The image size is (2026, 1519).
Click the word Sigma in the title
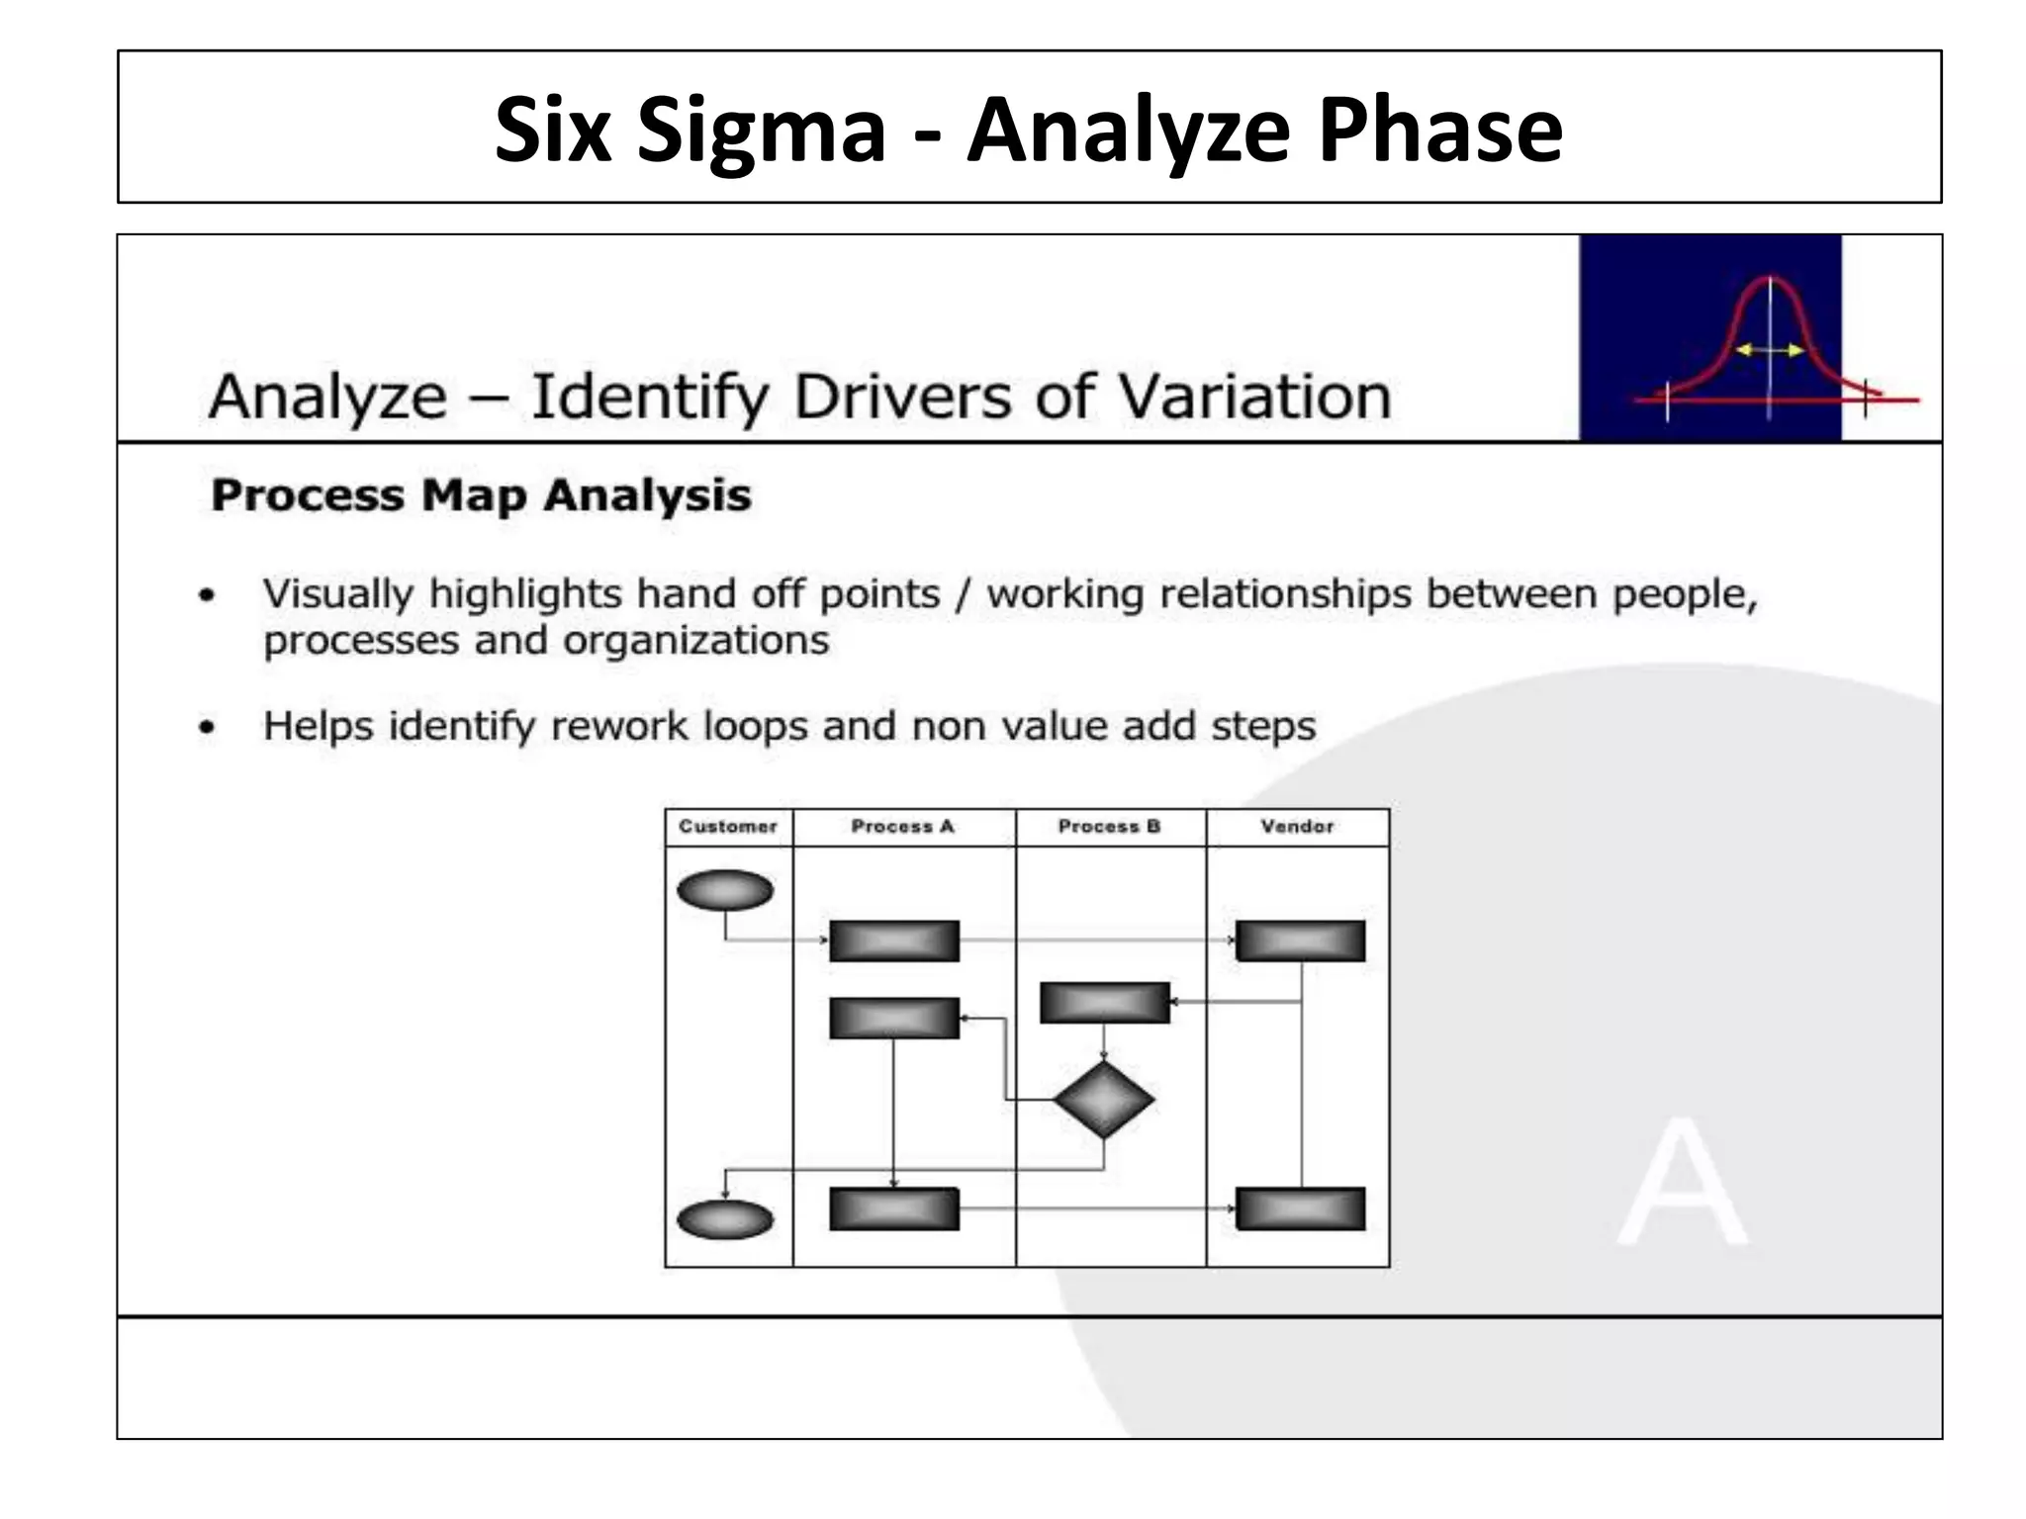pyautogui.click(x=761, y=131)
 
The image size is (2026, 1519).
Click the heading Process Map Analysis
pyautogui.click(x=481, y=494)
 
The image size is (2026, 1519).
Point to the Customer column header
pyautogui.click(x=728, y=827)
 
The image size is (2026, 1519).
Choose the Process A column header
pyautogui.click(x=902, y=827)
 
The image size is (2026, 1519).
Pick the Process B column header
pyautogui.click(x=1109, y=827)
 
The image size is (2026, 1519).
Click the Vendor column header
pyautogui.click(x=1297, y=827)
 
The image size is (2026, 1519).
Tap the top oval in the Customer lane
pyautogui.click(x=725, y=890)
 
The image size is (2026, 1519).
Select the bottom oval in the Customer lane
pyautogui.click(x=725, y=1219)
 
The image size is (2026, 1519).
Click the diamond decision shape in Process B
pyautogui.click(x=1104, y=1100)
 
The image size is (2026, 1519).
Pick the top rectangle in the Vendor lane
pyautogui.click(x=1300, y=940)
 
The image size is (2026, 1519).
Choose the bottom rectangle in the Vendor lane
pyautogui.click(x=1300, y=1208)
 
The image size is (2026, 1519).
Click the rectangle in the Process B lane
pyautogui.click(x=1104, y=1002)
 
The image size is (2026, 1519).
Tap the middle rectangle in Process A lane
pyautogui.click(x=894, y=1018)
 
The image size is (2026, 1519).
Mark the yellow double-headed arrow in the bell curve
pyautogui.click(x=1770, y=350)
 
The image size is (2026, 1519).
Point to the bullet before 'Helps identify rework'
pyautogui.click(x=207, y=727)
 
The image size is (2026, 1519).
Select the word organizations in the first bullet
pyautogui.click(x=696, y=641)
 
